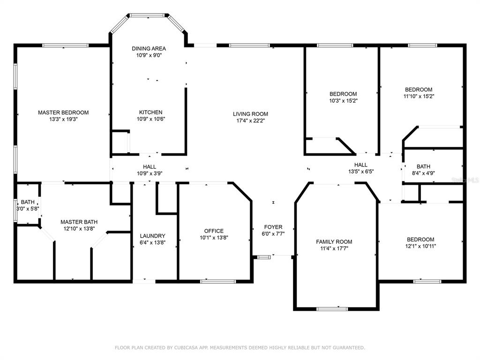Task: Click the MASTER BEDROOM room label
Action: coord(63,112)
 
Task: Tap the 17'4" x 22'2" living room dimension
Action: coord(250,120)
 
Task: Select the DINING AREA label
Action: coord(149,48)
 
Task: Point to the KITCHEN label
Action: coord(150,112)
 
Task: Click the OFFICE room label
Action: coord(214,231)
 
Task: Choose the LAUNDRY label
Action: coord(152,236)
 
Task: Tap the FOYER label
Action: coord(273,227)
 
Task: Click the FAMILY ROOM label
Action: coord(334,242)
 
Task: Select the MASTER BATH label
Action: coord(79,222)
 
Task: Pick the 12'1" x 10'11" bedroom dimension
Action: coord(420,246)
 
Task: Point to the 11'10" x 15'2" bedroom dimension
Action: coord(419,96)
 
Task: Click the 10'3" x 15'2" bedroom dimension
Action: coord(344,100)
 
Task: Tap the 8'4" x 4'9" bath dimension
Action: coord(423,173)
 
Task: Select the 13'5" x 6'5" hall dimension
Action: coord(361,172)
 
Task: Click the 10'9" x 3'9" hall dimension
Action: coord(150,173)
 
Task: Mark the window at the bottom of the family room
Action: coord(332,309)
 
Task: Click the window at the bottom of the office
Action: coord(218,281)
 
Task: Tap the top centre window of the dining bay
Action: coord(148,15)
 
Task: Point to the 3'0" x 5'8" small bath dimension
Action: coord(28,209)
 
